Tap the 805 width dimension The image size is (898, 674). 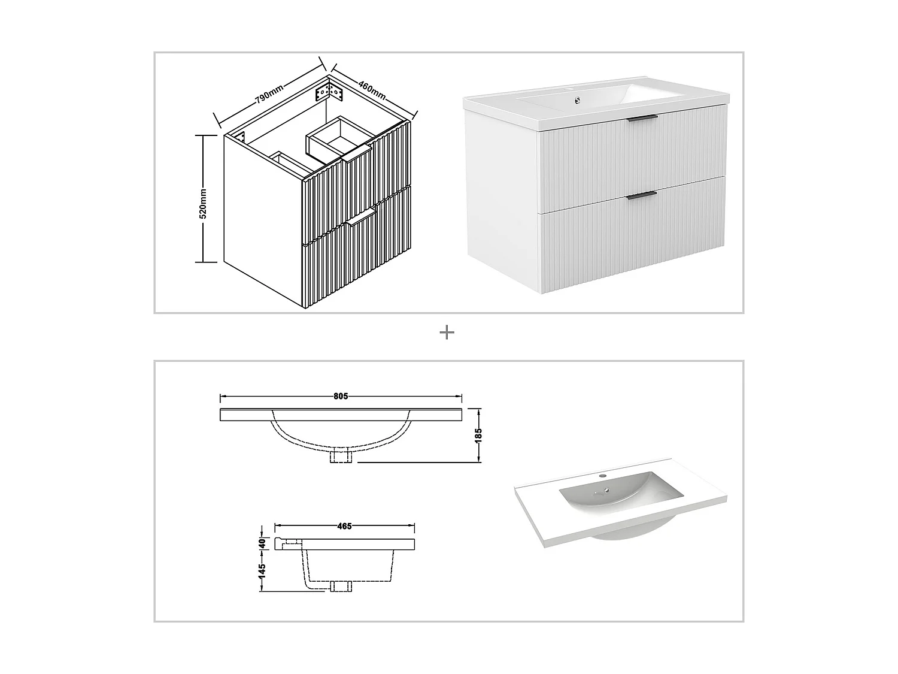[x=341, y=396]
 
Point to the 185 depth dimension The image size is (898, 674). [x=478, y=434]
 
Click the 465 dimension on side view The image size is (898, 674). [x=344, y=527]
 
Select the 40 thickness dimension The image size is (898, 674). [x=262, y=543]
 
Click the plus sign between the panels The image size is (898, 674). [x=447, y=333]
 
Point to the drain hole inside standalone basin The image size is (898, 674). [x=606, y=495]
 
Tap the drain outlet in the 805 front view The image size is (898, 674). [x=341, y=457]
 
